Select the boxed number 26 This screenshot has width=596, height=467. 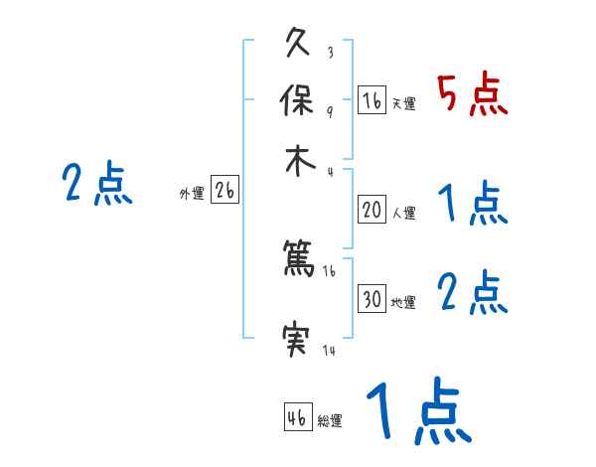point(224,191)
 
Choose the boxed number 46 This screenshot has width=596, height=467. point(297,417)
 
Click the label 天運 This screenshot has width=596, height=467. point(403,103)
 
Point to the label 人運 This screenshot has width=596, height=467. point(403,213)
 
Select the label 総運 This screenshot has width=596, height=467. point(330,420)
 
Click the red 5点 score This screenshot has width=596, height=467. point(472,95)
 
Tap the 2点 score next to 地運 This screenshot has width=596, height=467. point(472,293)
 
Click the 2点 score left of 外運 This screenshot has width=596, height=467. point(97,185)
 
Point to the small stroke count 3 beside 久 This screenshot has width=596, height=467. point(330,53)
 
